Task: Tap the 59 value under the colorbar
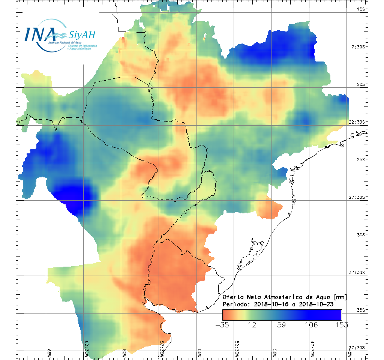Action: point(282,325)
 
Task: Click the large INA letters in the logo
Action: point(40,34)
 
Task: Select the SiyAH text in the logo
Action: point(82,35)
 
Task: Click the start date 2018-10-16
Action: point(270,304)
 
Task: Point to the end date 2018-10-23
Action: point(316,304)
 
